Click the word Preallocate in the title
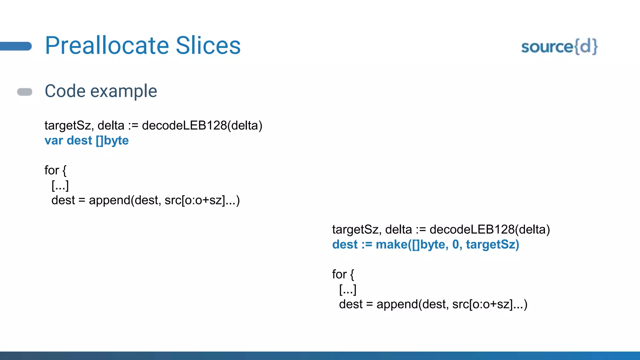click(107, 46)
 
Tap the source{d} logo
click(559, 47)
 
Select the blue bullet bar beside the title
click(16, 46)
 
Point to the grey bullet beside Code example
click(25, 92)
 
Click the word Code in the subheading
click(65, 91)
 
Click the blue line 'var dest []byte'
click(87, 141)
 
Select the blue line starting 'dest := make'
click(425, 245)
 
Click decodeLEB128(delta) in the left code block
click(202, 126)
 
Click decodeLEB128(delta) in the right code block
click(490, 230)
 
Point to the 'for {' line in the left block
click(55, 170)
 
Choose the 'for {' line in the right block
click(343, 274)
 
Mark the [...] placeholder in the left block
click(60, 186)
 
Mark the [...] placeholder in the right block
click(347, 290)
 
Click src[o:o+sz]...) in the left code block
click(202, 200)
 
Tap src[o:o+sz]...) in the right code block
click(490, 304)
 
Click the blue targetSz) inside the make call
click(492, 245)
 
